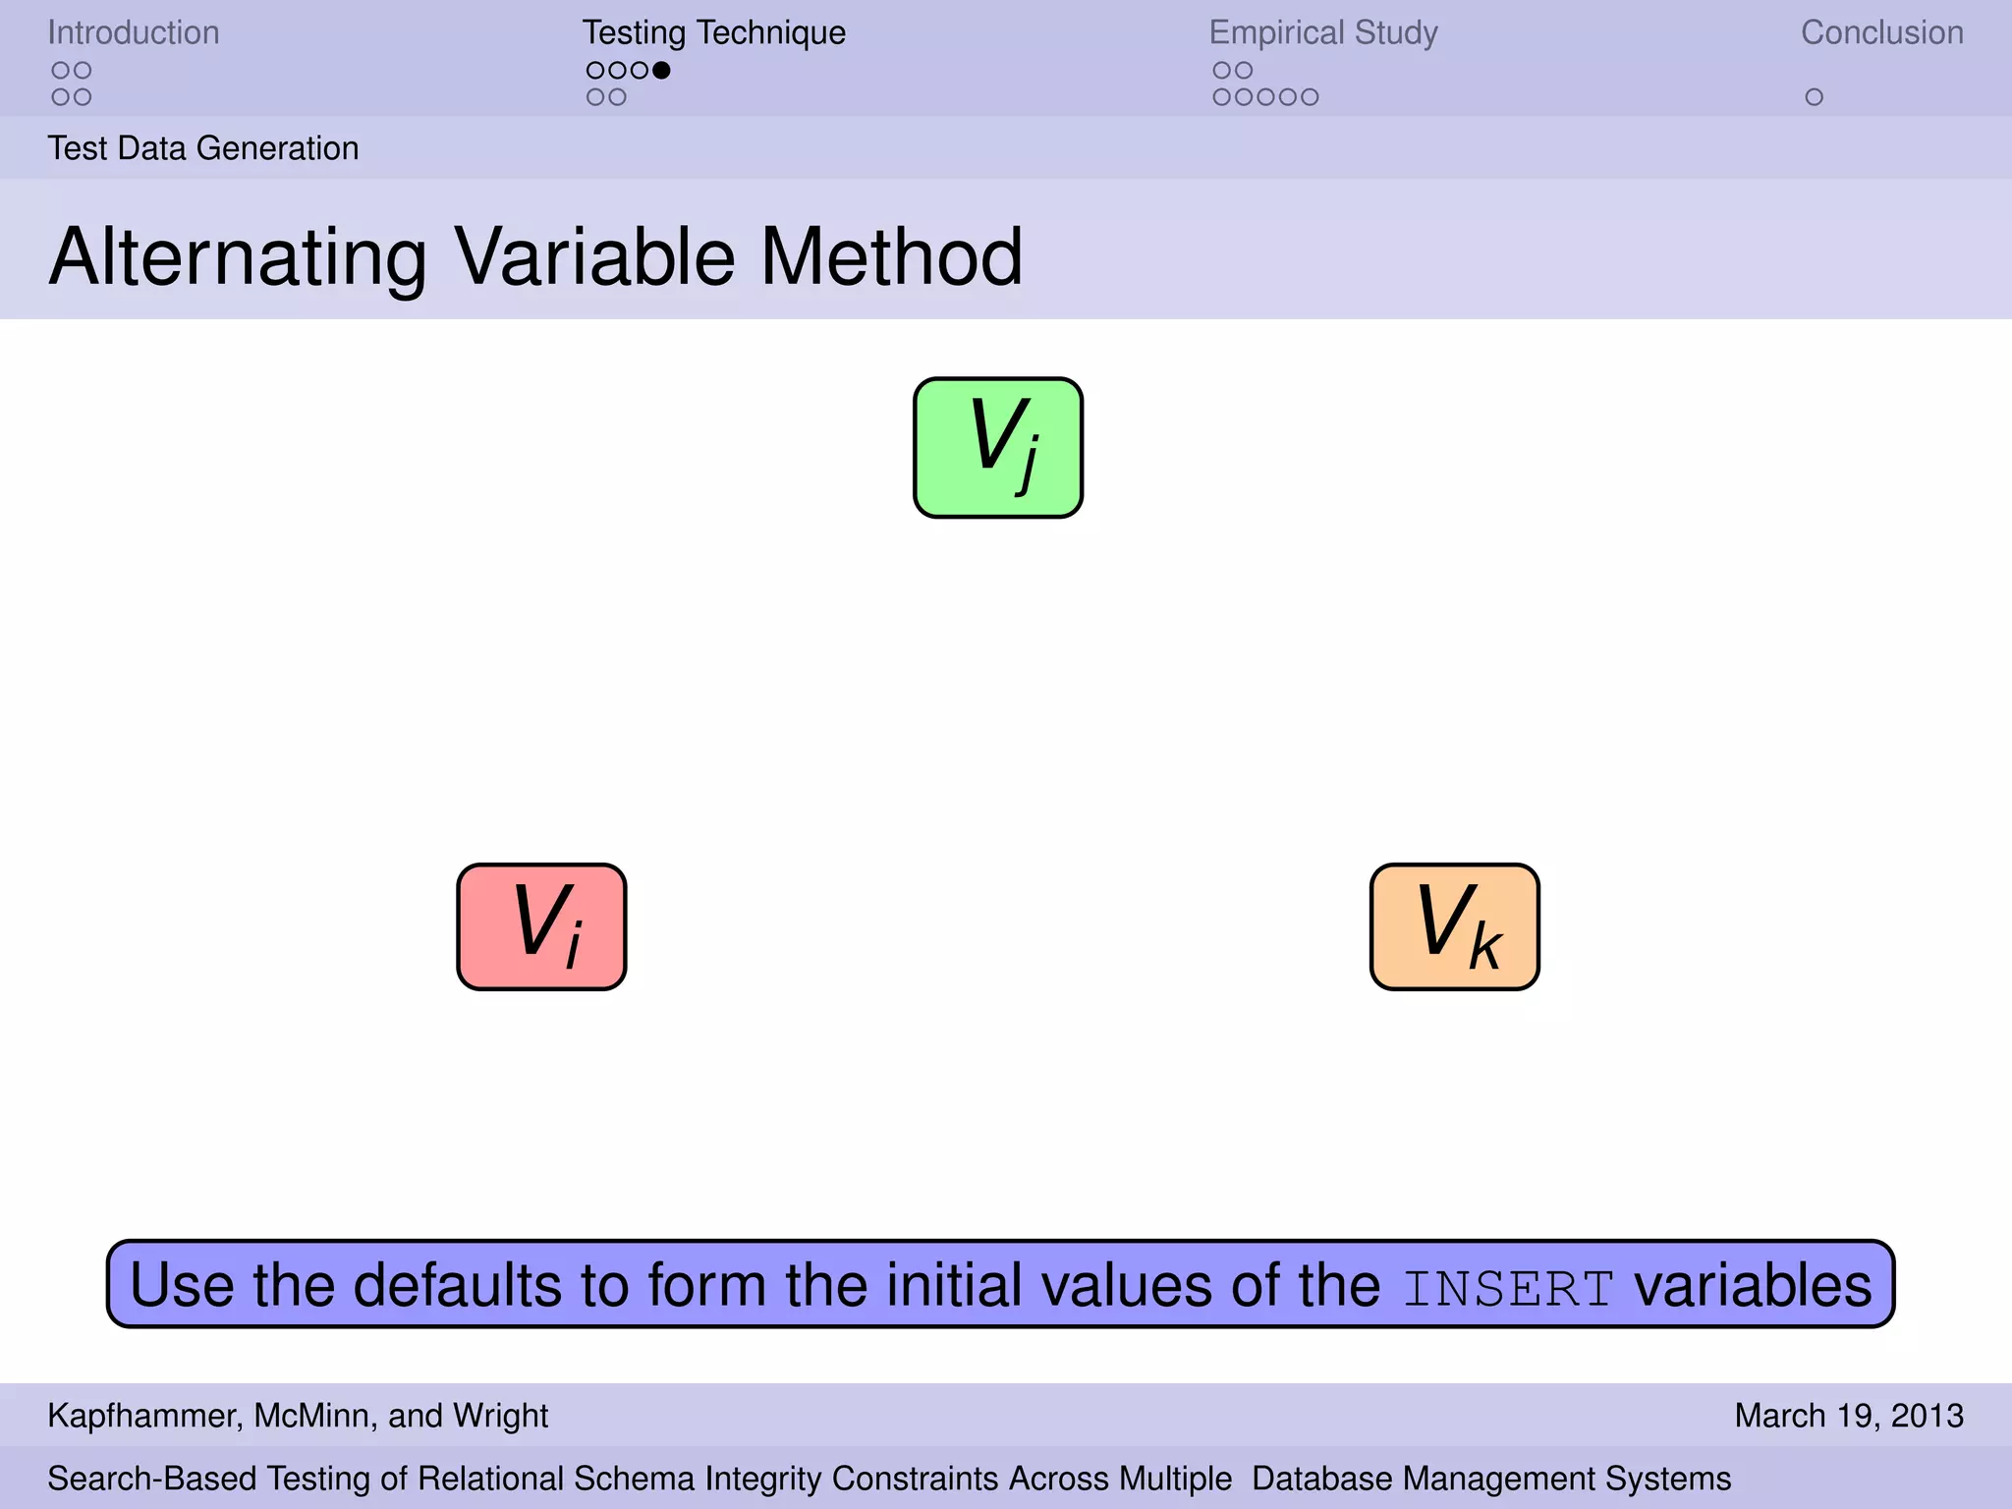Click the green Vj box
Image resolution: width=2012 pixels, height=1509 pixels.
998,448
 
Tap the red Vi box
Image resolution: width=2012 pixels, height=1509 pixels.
541,926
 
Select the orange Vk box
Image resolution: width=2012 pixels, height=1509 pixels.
1454,926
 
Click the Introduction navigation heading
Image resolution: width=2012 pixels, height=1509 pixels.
134,32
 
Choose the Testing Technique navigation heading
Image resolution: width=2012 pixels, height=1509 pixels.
713,32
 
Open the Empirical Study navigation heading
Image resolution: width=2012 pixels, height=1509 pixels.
1322,32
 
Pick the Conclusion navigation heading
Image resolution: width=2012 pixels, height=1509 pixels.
1881,32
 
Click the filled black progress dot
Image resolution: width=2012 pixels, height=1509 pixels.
661,70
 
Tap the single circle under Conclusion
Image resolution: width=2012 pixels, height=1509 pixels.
1814,97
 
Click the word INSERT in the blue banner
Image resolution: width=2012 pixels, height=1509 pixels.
1508,1288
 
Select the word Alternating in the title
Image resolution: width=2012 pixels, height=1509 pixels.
238,257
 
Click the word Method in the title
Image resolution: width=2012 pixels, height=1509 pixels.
891,257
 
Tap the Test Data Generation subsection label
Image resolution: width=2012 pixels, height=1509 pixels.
203,148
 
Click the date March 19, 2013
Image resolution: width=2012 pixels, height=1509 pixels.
1848,1416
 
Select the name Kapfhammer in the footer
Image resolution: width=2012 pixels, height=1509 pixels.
142,1416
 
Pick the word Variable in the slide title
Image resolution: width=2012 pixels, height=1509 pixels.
594,257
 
